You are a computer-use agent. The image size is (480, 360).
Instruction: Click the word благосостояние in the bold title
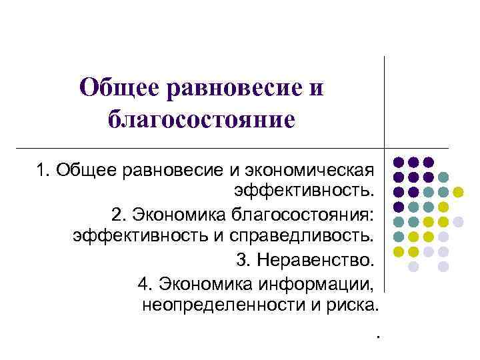[x=200, y=119]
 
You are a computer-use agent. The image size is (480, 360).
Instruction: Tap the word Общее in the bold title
[x=117, y=87]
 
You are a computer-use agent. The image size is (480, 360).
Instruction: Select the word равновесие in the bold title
[x=225, y=87]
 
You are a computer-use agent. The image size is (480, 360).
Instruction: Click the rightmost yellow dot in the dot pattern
[x=458, y=192]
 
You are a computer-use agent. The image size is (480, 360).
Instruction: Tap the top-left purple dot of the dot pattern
[x=398, y=162]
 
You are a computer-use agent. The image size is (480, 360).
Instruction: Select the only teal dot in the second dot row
[x=443, y=177]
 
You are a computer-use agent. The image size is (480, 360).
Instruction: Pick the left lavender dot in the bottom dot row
[x=413, y=267]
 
